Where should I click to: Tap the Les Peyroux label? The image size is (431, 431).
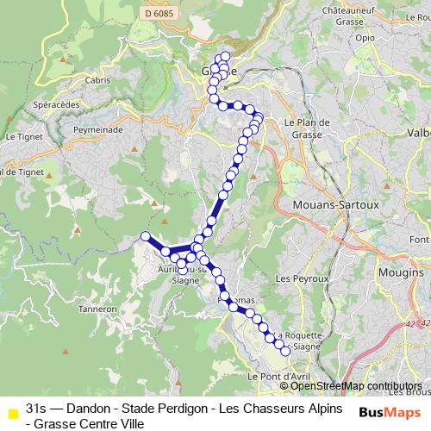click(x=302, y=279)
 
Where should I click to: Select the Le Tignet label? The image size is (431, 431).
click(x=24, y=136)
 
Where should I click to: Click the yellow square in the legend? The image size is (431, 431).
click(x=11, y=413)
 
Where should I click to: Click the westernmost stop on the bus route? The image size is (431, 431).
click(x=146, y=236)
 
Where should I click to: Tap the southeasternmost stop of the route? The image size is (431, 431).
click(x=286, y=351)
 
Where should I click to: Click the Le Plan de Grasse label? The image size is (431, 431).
click(x=307, y=128)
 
